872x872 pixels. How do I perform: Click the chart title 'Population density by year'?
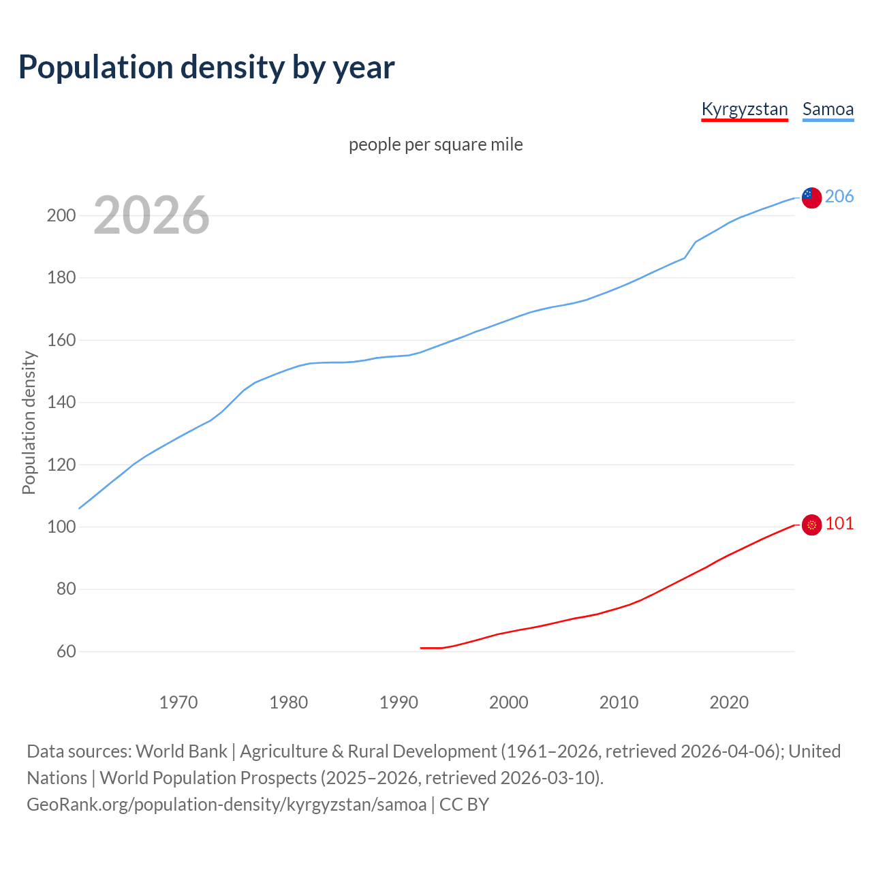206,67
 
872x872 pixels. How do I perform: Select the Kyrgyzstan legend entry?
744,109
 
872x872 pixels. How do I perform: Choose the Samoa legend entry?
828,109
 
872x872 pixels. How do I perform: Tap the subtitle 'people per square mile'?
435,144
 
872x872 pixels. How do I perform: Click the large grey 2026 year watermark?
151,215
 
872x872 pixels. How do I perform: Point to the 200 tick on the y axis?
61,216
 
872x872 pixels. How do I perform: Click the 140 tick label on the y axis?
61,403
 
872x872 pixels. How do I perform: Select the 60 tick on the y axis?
66,652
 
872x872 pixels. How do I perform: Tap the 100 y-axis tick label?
61,527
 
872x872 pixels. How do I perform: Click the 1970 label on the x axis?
178,702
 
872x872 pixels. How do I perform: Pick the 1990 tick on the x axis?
399,702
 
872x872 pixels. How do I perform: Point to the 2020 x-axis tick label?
729,702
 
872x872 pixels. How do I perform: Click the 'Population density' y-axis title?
29,422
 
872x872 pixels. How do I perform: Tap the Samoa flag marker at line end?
811,198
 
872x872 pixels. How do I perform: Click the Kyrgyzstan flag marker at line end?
811,525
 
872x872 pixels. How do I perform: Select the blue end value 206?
839,197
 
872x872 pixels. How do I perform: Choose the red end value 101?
839,523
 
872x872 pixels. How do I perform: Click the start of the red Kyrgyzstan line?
422,648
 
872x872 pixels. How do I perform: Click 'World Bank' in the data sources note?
181,751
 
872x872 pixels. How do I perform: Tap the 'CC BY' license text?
464,805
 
